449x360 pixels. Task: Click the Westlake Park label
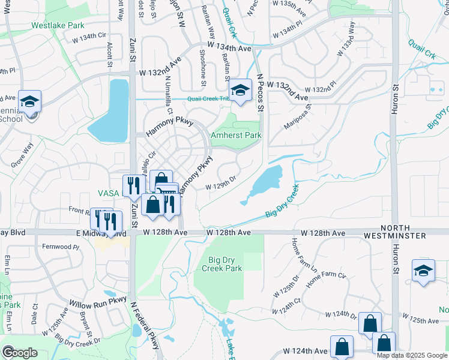pos(58,26)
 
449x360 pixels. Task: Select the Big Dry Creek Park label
pos(225,264)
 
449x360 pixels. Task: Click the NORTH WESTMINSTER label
pos(415,232)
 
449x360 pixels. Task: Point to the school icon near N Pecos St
pos(241,91)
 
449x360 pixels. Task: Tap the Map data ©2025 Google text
pos(412,355)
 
